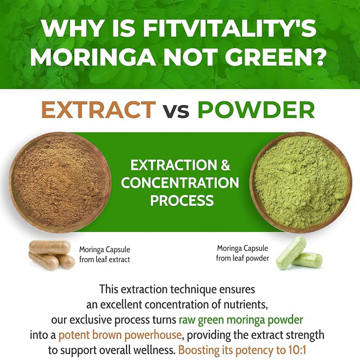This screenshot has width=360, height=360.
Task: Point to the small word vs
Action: pos(176,111)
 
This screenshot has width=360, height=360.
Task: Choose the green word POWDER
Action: pos(256,110)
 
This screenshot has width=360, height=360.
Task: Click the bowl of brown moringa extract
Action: pos(59,181)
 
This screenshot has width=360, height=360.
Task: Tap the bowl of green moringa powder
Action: pos(300,181)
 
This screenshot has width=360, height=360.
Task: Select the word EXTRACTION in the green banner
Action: pos(167,165)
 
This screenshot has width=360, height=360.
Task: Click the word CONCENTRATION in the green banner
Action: pos(180,183)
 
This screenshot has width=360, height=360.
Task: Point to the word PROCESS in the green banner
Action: pos(182,200)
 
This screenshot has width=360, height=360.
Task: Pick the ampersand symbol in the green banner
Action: pos(225,165)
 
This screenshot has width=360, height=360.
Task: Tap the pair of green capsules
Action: pos(299,254)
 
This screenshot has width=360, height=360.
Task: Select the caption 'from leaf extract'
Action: pos(105,260)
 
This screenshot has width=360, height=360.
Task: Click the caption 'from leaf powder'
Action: pos(243,258)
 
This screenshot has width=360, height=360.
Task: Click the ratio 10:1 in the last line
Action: pos(301,351)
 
